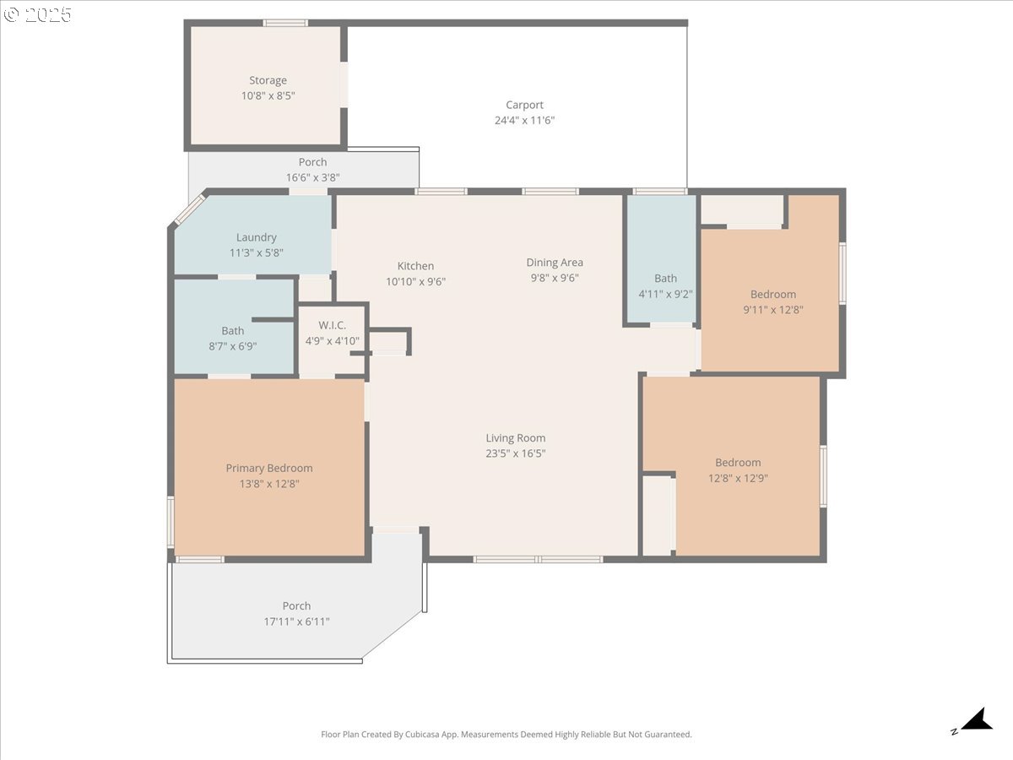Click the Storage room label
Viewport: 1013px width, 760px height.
point(268,81)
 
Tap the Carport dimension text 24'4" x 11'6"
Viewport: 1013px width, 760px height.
point(524,121)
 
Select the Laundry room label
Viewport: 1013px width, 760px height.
point(256,238)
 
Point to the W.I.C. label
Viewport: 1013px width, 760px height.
point(332,326)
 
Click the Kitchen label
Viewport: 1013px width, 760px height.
point(415,266)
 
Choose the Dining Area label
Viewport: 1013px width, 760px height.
point(555,263)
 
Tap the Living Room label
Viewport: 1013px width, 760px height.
point(515,438)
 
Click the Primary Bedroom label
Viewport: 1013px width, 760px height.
point(268,469)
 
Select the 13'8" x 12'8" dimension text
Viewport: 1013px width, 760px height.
point(268,484)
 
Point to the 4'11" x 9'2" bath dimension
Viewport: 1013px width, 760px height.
point(665,294)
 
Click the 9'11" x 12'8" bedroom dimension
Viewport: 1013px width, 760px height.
point(772,309)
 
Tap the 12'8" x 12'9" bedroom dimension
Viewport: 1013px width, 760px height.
point(738,478)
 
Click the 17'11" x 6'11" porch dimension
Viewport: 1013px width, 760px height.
point(296,622)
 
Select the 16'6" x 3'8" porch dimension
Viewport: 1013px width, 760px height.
point(312,177)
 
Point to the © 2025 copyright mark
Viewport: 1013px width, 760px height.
point(38,14)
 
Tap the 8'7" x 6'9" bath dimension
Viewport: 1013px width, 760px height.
point(233,346)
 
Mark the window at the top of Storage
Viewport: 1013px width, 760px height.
point(285,23)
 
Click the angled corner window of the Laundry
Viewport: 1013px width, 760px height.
point(189,209)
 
